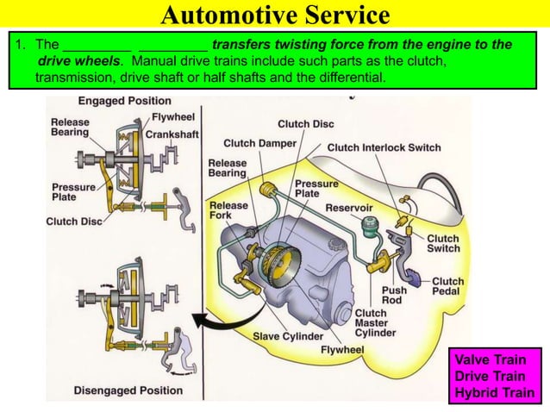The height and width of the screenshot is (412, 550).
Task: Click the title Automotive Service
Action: tap(275, 15)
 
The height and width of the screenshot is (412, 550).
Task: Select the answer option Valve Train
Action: tap(496, 361)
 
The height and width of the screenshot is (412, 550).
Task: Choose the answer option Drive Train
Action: tap(496, 378)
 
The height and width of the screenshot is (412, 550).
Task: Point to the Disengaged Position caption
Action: tap(128, 390)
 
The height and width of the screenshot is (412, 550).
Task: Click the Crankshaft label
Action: tap(173, 134)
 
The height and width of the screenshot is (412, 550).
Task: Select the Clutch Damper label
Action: tap(259, 143)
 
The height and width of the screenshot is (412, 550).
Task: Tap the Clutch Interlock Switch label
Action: tap(384, 147)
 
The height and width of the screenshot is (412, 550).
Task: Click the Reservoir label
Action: tap(348, 208)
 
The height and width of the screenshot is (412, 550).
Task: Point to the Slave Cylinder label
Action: tap(288, 335)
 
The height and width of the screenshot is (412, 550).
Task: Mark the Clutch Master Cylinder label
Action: tap(375, 323)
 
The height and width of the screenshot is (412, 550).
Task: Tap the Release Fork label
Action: tap(228, 211)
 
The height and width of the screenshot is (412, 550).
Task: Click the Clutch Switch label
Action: tap(443, 244)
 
